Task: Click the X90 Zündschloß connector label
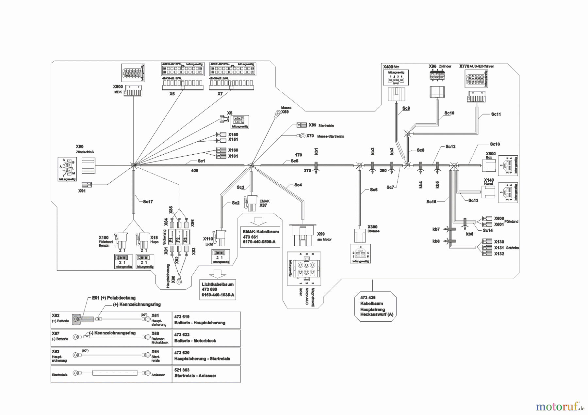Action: pyautogui.click(x=80, y=147)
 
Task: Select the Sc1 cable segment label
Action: pyautogui.click(x=201, y=161)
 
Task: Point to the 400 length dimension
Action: pyautogui.click(x=194, y=171)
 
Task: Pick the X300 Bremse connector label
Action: pyautogui.click(x=373, y=227)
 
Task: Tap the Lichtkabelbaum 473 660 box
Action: pyautogui.click(x=218, y=290)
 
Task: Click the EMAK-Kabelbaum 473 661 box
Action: pyautogui.click(x=260, y=237)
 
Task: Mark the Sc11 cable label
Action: pyautogui.click(x=496, y=114)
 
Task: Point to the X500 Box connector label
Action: pyautogui.click(x=490, y=154)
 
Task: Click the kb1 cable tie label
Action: pyautogui.click(x=316, y=151)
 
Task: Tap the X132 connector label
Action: pyautogui.click(x=499, y=254)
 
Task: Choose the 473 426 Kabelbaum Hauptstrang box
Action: pyautogui.click(x=375, y=306)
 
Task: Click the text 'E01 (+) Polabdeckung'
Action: pyautogui.click(x=113, y=298)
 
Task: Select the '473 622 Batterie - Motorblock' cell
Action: pyautogui.click(x=206, y=338)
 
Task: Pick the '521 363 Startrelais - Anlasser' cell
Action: pyautogui.click(x=206, y=373)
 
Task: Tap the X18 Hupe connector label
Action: pyautogui.click(x=154, y=238)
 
